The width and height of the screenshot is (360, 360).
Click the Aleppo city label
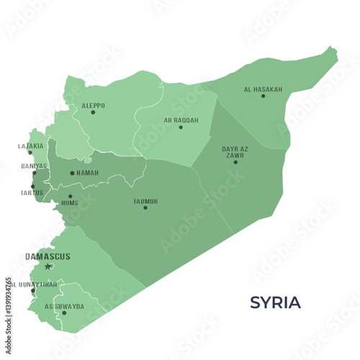[x=93, y=105]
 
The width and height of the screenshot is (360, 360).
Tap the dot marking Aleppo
[x=93, y=112]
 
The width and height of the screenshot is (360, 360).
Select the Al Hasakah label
[x=263, y=89]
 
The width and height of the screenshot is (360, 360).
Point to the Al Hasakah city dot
[x=263, y=96]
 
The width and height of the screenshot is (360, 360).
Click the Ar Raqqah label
[x=180, y=120]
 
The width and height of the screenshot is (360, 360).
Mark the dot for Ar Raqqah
[x=181, y=127]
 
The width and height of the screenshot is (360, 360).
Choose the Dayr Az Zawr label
[x=235, y=152]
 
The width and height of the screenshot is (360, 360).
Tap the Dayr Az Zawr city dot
[x=235, y=162]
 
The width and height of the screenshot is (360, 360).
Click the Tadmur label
[x=145, y=201]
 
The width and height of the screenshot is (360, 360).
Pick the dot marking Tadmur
[x=145, y=207]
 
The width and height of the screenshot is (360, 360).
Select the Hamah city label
[x=88, y=173]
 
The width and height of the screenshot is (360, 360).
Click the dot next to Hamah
[x=72, y=173]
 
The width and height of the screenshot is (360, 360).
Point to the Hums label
[x=70, y=203]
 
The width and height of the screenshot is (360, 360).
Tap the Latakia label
[x=30, y=145]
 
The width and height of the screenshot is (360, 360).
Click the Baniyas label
[x=34, y=166]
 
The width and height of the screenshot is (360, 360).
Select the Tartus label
[x=32, y=192]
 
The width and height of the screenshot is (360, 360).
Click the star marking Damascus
[x=48, y=266]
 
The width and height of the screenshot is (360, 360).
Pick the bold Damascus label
[x=48, y=256]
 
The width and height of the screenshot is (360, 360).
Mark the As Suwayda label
[x=64, y=306]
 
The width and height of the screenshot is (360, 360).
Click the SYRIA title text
[x=275, y=302]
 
